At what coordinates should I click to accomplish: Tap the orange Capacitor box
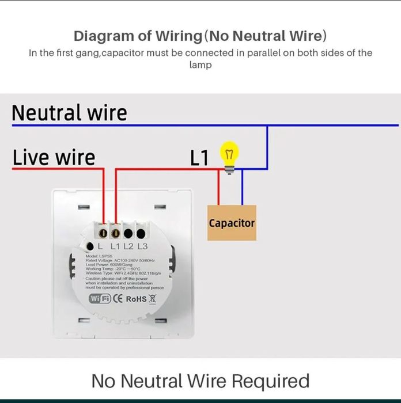[x=232, y=223]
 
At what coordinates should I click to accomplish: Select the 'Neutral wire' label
[x=69, y=112]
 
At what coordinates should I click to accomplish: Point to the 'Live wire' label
[x=54, y=157]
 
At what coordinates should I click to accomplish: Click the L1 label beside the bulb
[x=199, y=158]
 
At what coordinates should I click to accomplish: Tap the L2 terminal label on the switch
[x=128, y=247]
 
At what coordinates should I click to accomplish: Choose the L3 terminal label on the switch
[x=143, y=247]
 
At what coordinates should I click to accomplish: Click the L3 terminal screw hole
[x=141, y=233]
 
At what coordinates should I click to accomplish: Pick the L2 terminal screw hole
[x=128, y=233]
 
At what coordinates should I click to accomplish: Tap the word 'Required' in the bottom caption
[x=270, y=381]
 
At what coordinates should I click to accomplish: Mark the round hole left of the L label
[x=90, y=246]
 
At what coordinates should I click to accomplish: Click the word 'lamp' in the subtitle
[x=200, y=65]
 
